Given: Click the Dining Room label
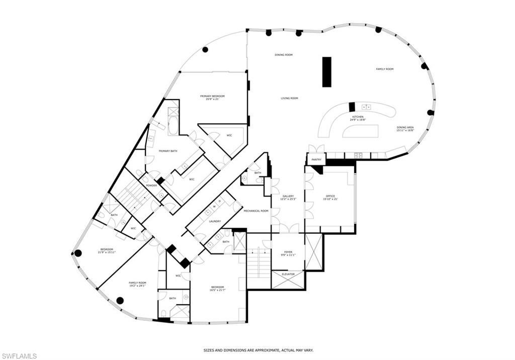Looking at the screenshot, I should coord(284,55).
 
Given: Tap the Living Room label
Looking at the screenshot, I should coord(290,99).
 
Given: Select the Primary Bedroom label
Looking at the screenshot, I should coord(212,96).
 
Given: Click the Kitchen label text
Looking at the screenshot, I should coord(358,117).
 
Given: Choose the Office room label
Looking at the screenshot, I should coord(330,196).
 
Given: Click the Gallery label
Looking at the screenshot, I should coord(288,197).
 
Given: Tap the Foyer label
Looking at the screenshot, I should coord(289,252).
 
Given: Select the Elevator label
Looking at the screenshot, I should coord(288,274).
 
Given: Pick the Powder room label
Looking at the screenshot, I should coord(151,186).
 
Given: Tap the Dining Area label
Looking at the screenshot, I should coord(405,128).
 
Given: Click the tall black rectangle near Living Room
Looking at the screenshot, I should coord(327,72).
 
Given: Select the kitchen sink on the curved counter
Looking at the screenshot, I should coord(366,107).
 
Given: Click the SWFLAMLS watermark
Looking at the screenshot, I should coord(19,355).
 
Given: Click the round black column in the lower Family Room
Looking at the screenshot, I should coord(120,301).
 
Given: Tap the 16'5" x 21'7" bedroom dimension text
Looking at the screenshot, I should coord(217,290).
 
